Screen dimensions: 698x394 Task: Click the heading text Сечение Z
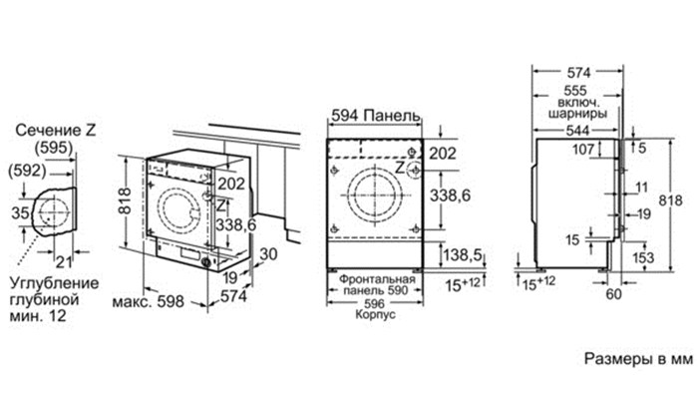(x=56, y=130)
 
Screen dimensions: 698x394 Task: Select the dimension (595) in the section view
(x=54, y=148)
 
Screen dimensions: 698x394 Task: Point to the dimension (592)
(x=27, y=171)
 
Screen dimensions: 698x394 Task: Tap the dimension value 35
(x=20, y=213)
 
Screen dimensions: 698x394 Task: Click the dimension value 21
(x=64, y=261)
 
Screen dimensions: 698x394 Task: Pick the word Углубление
(x=54, y=284)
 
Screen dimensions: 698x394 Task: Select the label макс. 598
(x=148, y=301)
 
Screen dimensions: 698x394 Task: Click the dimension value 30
(x=268, y=254)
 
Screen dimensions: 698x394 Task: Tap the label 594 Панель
(x=375, y=116)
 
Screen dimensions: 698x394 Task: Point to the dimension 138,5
(x=462, y=255)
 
